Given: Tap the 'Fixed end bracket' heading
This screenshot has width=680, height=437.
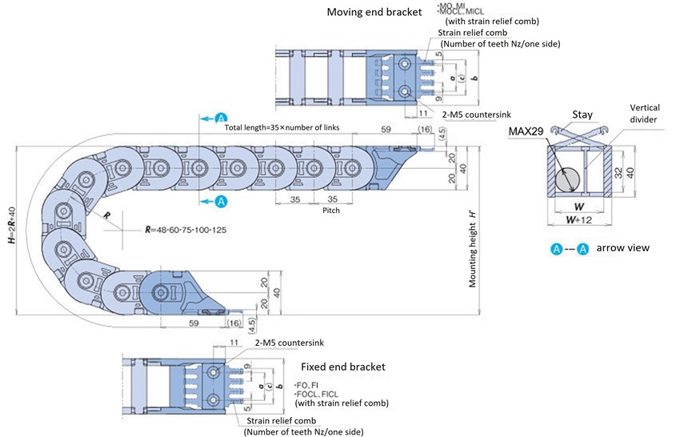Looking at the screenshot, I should (342, 367).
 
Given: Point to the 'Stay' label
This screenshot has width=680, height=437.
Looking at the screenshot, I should (582, 114).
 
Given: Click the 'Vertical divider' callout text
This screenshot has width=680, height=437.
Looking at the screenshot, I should (645, 113).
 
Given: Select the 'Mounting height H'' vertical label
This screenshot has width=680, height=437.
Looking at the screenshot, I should (473, 248).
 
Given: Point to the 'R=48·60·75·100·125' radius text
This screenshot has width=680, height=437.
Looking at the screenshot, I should (186, 228).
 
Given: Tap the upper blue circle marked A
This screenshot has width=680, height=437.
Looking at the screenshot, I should (222, 118).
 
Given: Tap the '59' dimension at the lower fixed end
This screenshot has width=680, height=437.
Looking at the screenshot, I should (194, 323).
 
